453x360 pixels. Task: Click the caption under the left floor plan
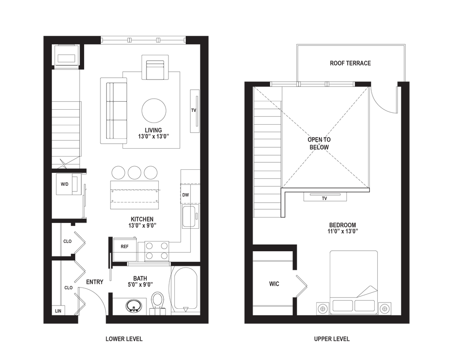[x=124, y=340]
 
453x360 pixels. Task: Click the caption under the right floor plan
[x=332, y=340]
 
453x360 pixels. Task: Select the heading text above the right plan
[x=350, y=64]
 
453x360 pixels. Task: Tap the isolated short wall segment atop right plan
[x=363, y=84]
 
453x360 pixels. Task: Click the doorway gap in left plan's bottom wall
[x=92, y=320]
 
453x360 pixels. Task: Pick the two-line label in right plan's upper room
[x=319, y=143]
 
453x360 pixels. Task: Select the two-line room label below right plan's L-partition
[x=342, y=227]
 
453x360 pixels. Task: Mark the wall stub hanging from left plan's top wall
[x=81, y=56]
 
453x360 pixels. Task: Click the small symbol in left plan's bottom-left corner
[x=58, y=311]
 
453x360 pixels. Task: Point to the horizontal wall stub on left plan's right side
[x=186, y=264]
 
